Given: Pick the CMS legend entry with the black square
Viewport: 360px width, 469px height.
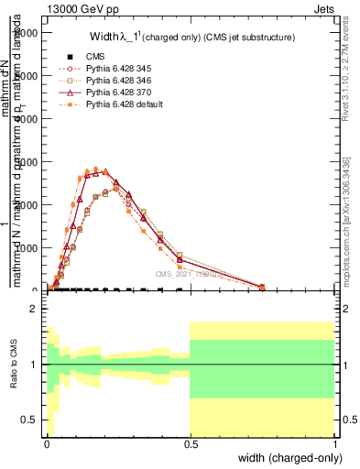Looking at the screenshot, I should [x=87, y=58].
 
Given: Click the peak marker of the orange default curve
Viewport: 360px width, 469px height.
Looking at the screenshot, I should [x=96, y=169].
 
